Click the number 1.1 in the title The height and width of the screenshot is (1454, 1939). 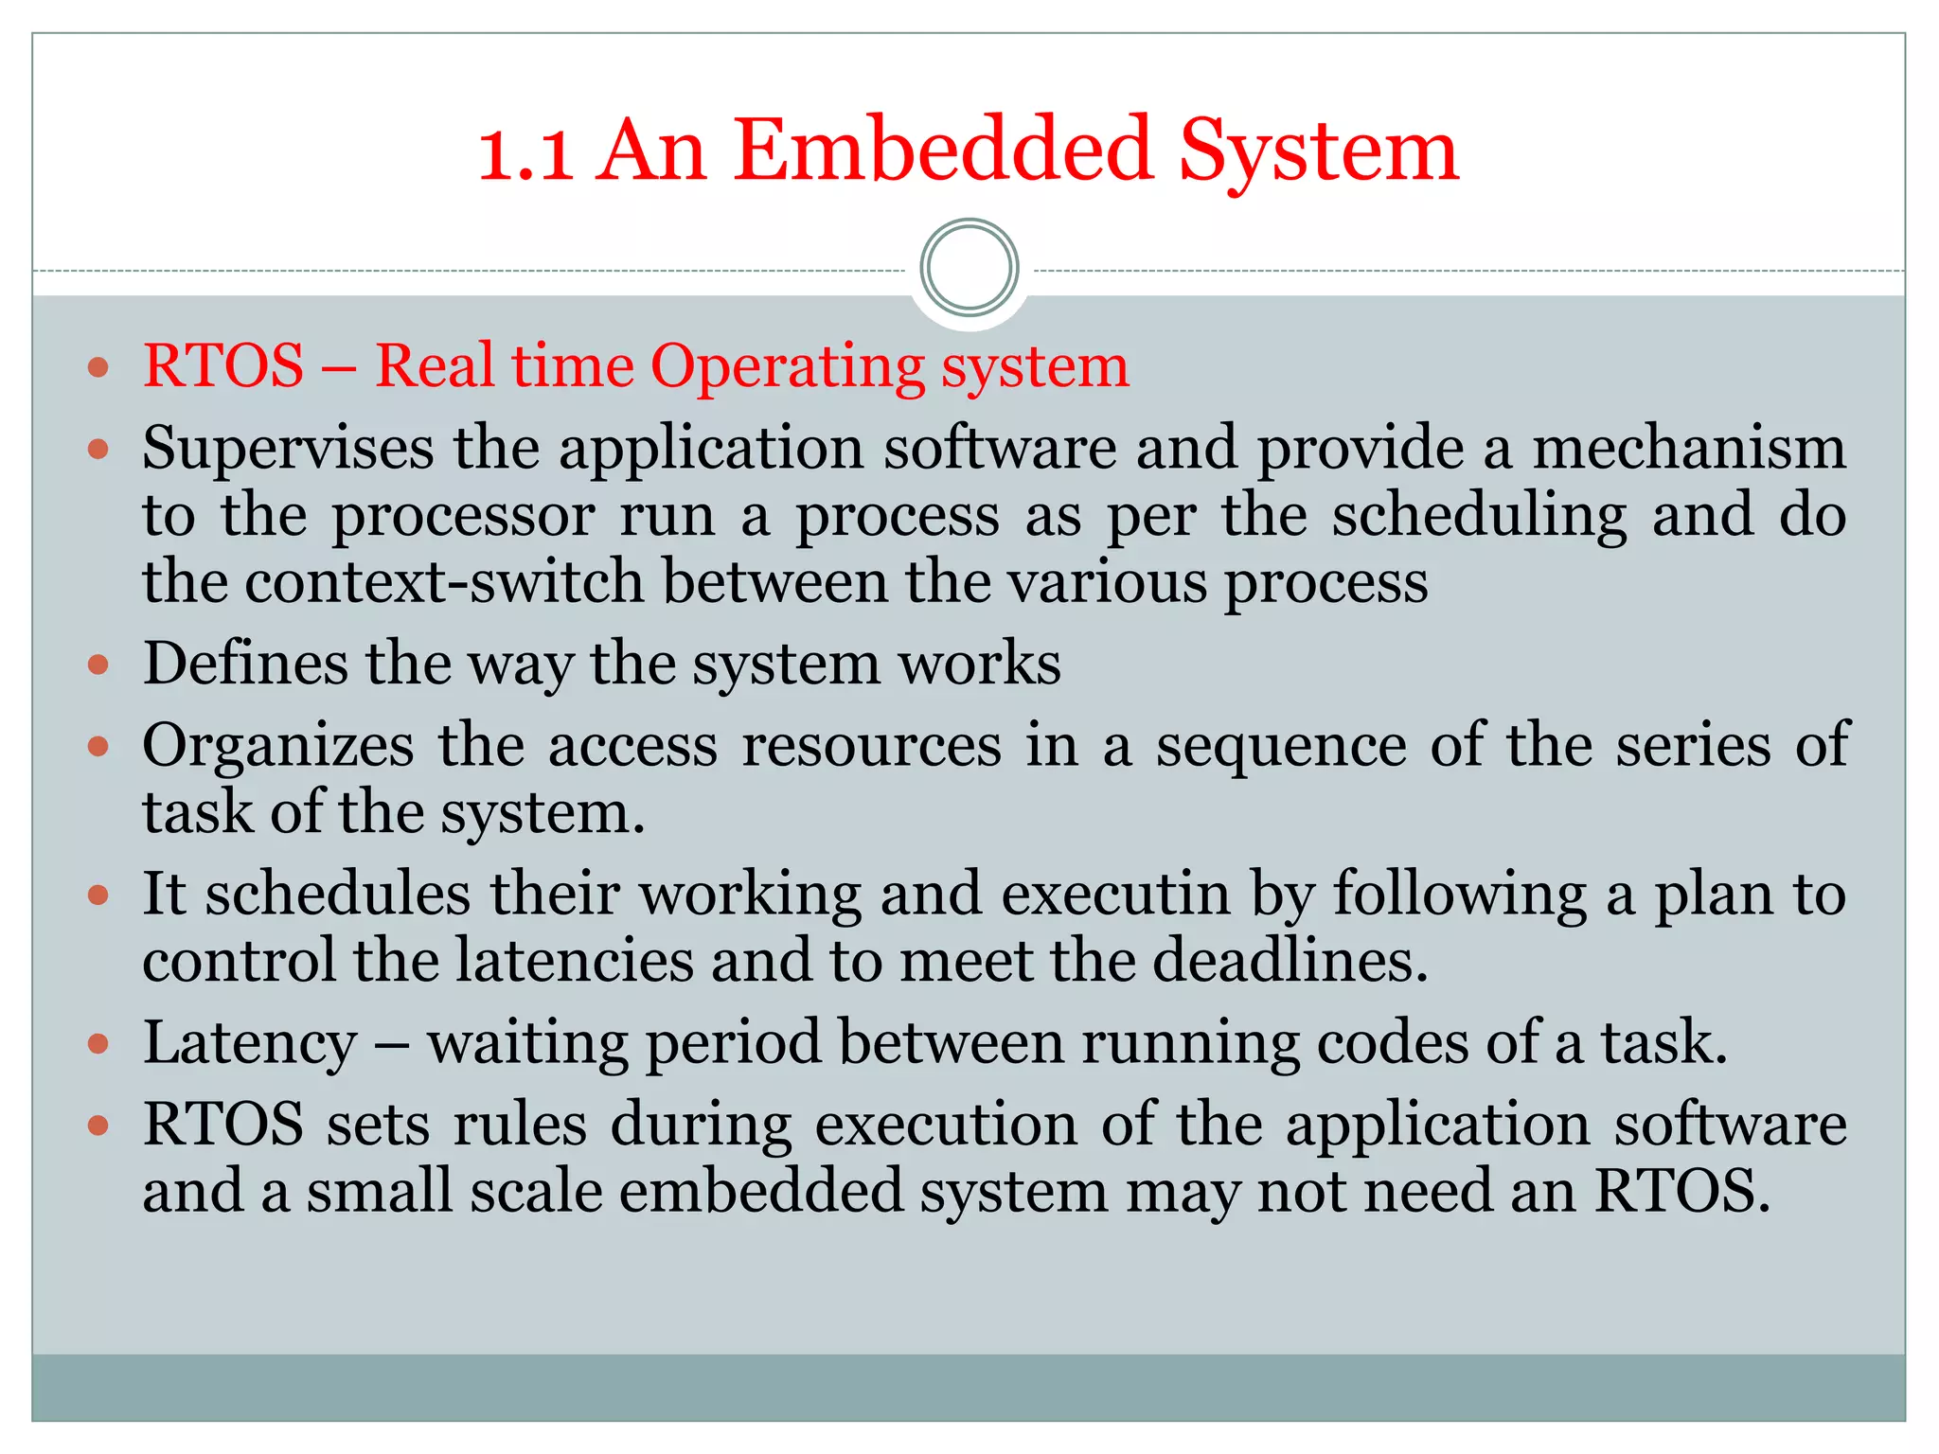tap(525, 151)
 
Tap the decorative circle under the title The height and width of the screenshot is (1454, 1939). tap(969, 268)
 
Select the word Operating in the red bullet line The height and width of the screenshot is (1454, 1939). tap(787, 367)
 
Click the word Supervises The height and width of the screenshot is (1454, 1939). tap(288, 448)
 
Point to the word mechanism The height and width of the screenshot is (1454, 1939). tap(1689, 448)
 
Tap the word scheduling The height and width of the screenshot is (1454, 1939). tap(1479, 517)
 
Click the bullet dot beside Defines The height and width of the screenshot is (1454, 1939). tap(98, 665)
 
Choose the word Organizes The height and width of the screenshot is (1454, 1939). tap(278, 747)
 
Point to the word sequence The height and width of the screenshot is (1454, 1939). tap(1281, 747)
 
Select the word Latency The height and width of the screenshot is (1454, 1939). tap(250, 1043)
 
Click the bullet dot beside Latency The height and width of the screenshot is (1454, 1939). tap(98, 1044)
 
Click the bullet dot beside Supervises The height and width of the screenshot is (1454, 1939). tap(98, 448)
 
